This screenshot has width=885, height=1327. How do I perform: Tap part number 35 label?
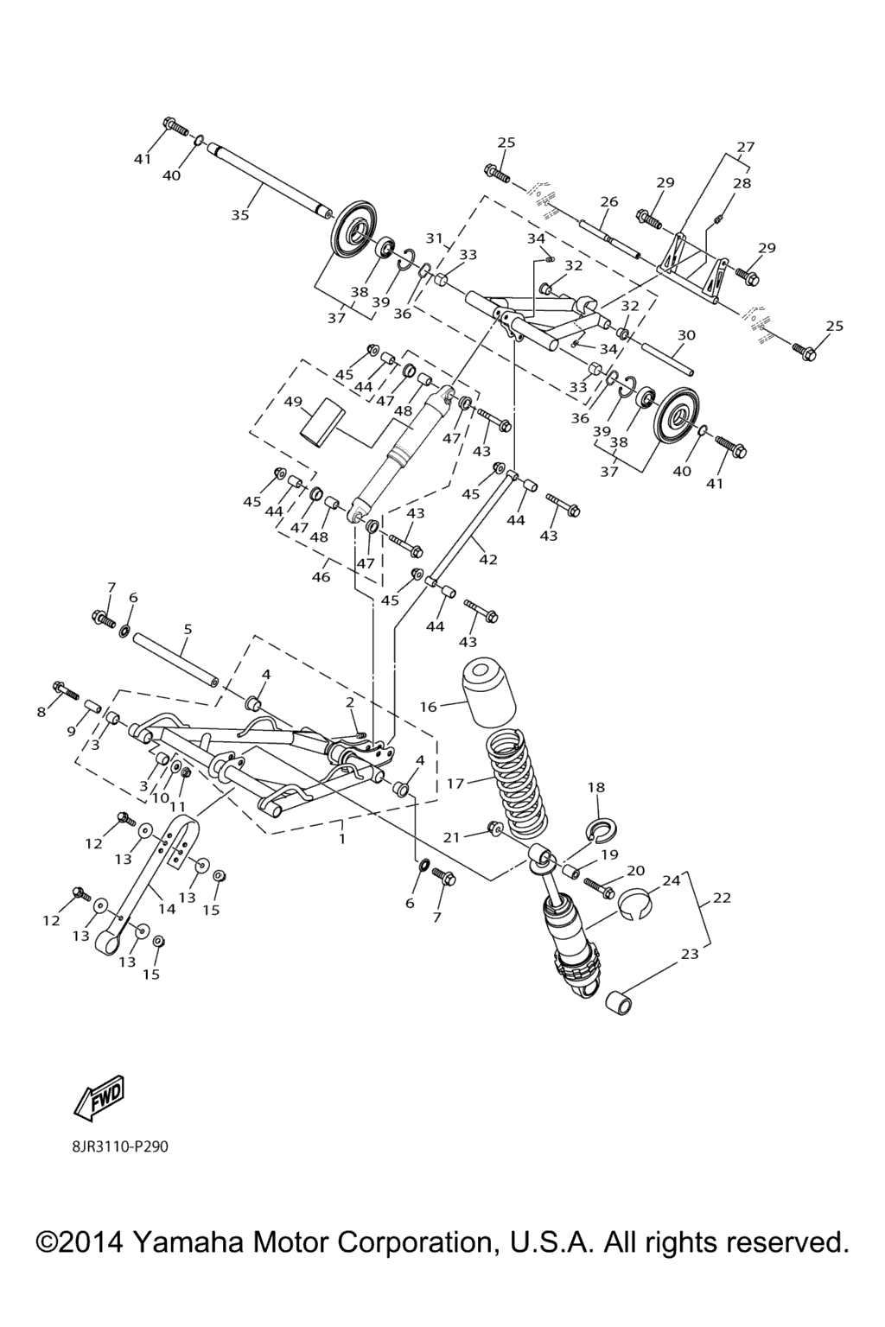tap(239, 215)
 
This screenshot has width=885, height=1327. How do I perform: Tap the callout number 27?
tap(745, 147)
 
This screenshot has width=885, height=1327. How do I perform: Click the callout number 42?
tap(487, 559)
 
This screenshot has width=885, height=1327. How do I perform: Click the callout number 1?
tap(342, 838)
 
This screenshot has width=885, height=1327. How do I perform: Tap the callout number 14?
tap(167, 908)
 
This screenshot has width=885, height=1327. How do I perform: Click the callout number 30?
tap(686, 335)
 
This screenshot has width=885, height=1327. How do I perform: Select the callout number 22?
tap(722, 898)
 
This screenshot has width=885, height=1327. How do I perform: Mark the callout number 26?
tap(609, 202)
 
